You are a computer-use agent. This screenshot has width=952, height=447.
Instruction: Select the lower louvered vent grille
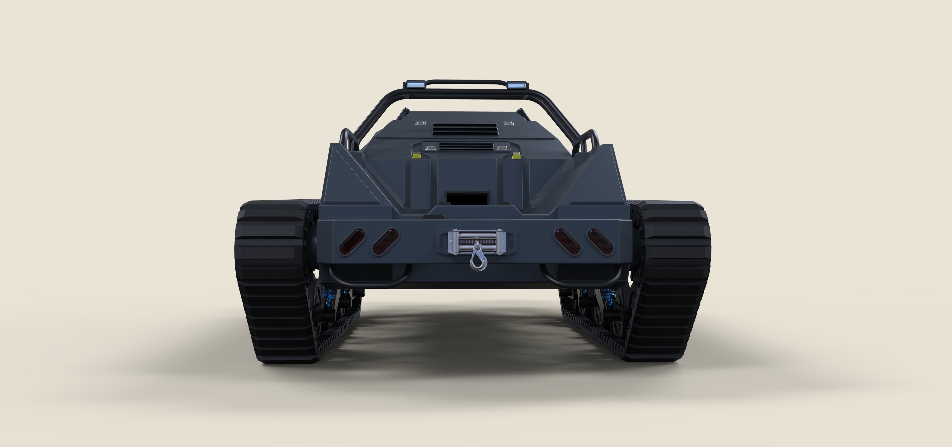pos(466,147)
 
